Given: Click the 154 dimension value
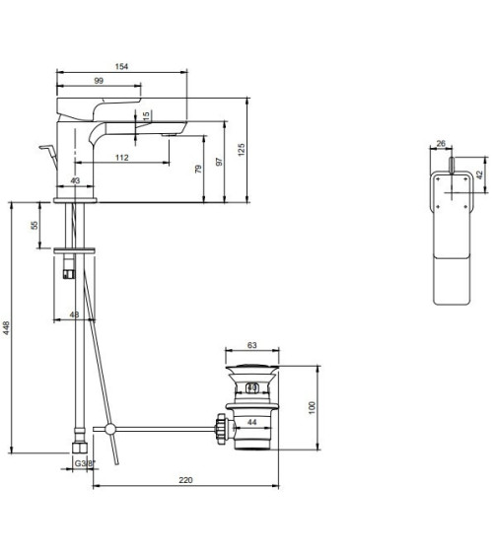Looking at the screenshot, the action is click(x=121, y=67).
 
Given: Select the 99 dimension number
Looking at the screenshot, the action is click(x=99, y=81).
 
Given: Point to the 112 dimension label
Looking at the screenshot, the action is click(x=121, y=158).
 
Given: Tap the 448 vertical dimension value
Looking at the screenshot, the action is click(x=6, y=328).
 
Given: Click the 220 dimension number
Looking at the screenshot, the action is click(x=185, y=480).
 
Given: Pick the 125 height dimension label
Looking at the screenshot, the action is click(x=242, y=150).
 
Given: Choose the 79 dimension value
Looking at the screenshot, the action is click(x=198, y=169).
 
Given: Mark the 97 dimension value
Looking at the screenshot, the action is click(x=220, y=162).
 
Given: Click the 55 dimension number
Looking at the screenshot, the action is click(x=35, y=225).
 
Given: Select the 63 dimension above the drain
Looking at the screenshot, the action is click(x=252, y=345).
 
